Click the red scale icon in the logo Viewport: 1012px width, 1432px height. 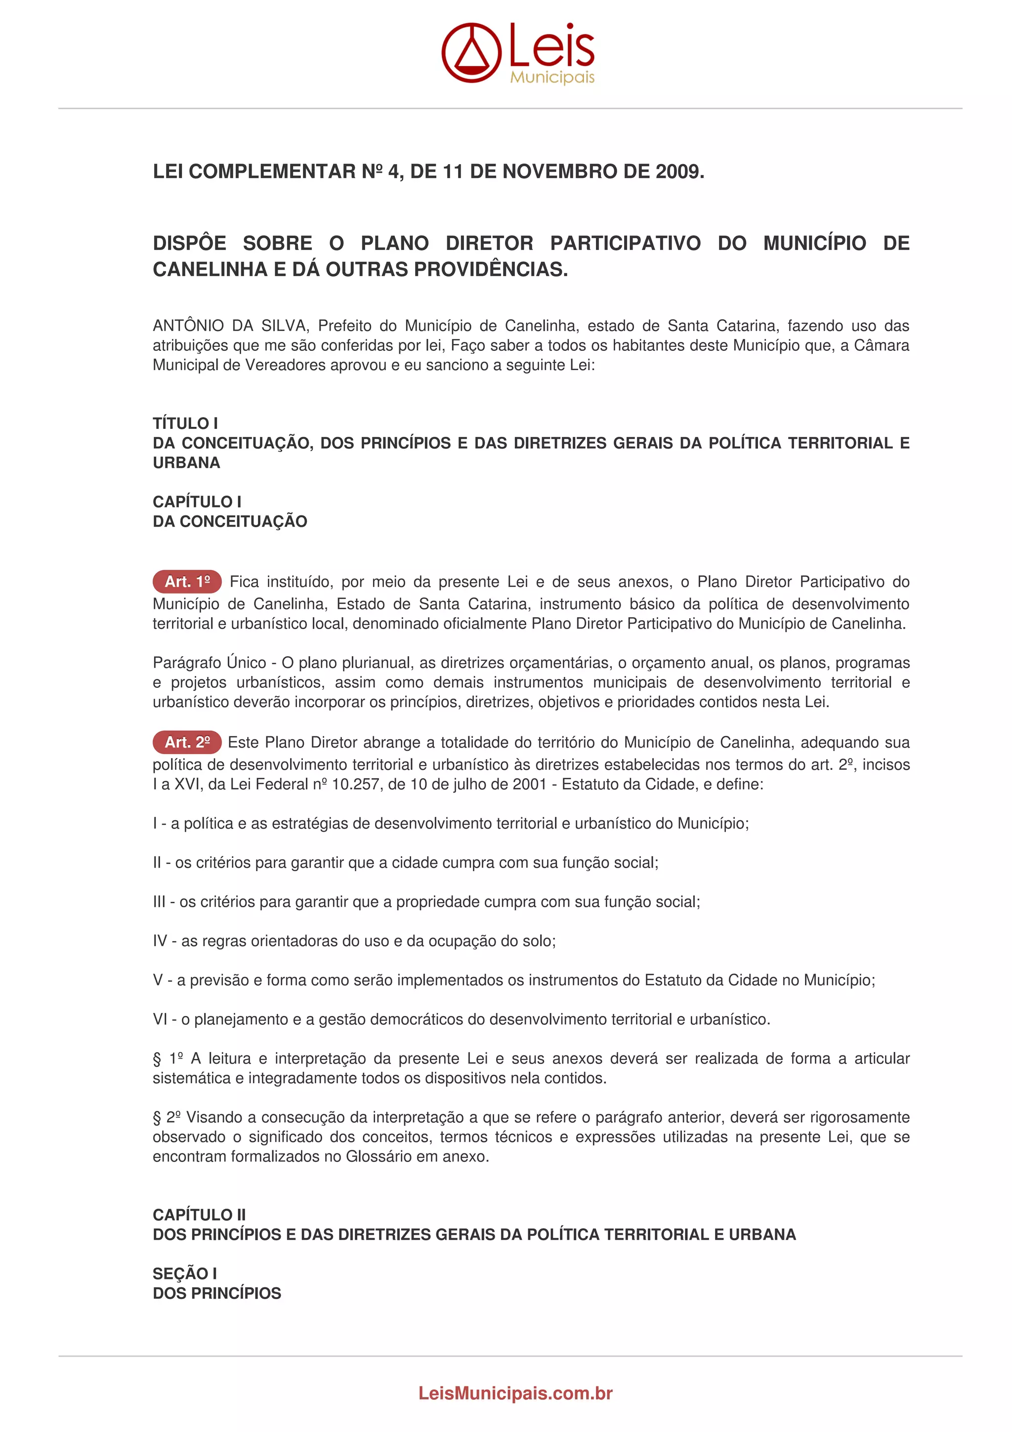point(471,52)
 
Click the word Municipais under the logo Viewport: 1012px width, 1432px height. point(552,78)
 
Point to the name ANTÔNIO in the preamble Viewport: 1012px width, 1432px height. point(188,326)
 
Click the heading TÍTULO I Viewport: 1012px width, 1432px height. point(185,423)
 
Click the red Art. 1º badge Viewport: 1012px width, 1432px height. point(187,582)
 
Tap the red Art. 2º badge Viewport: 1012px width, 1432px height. point(187,742)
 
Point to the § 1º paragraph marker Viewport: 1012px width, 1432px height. point(168,1058)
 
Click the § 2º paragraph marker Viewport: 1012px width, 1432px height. point(167,1117)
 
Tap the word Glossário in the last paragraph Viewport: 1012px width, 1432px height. point(379,1156)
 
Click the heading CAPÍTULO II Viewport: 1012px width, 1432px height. point(199,1215)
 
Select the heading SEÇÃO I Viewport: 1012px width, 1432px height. point(185,1273)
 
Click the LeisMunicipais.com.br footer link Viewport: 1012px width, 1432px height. point(515,1393)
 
